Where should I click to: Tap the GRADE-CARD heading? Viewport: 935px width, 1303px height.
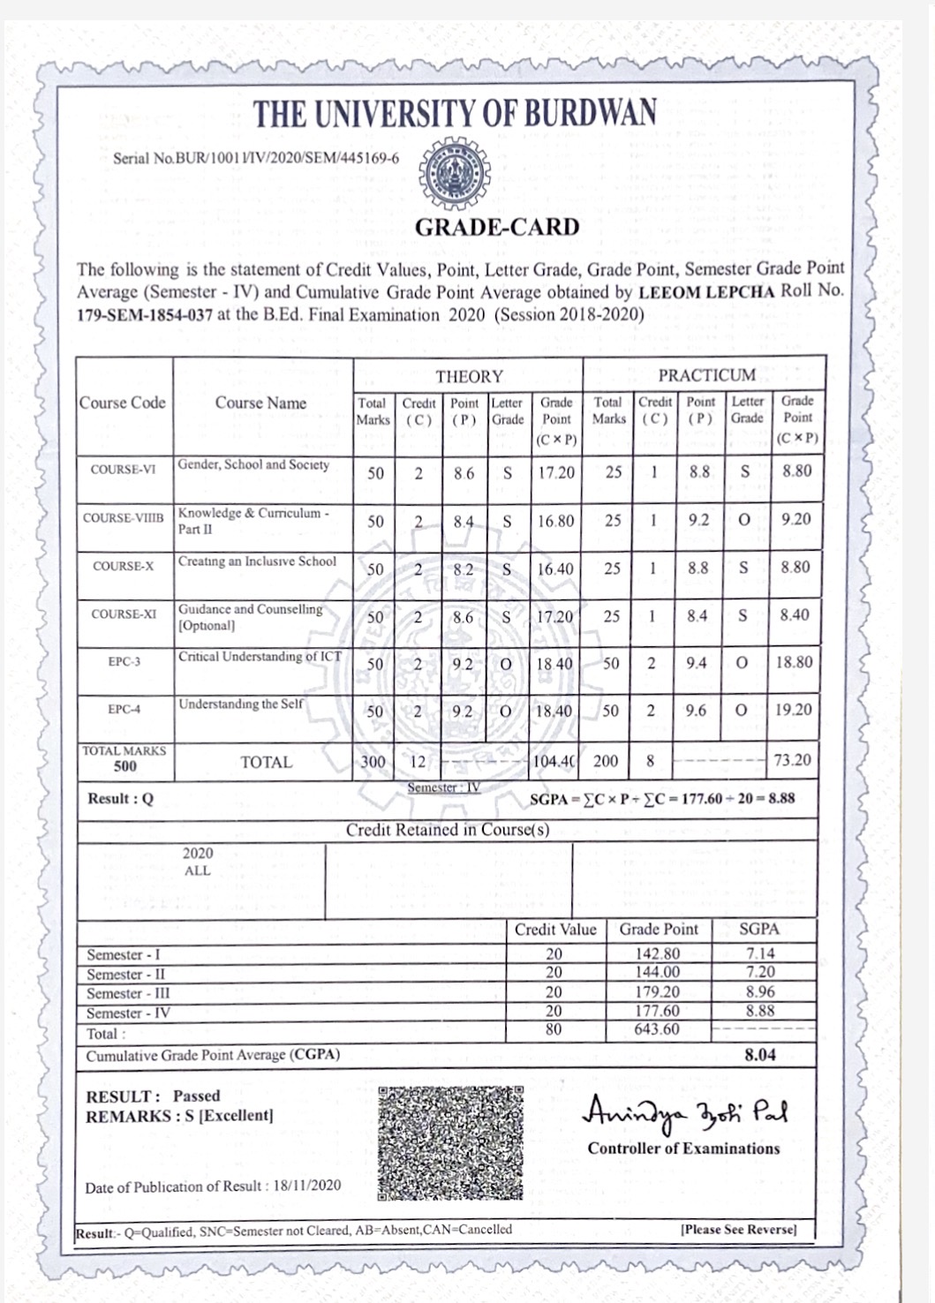point(497,228)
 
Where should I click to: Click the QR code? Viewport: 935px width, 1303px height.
point(450,1144)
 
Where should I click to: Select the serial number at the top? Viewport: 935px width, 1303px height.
point(256,159)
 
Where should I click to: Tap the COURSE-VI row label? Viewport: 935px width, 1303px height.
point(123,470)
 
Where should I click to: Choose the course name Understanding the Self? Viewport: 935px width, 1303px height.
point(240,704)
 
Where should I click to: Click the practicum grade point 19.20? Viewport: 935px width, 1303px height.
point(794,710)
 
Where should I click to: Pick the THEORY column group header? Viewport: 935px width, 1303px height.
point(469,377)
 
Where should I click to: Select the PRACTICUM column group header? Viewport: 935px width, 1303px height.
point(706,375)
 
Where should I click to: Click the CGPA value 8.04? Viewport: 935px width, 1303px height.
point(759,1055)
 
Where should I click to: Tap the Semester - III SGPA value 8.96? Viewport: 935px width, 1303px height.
point(759,992)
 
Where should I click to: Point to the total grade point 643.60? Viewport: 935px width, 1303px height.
point(658,1030)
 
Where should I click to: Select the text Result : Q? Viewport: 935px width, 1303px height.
point(120,799)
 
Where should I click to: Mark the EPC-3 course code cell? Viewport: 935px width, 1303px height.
point(124,661)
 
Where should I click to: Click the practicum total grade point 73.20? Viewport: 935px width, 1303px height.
point(792,760)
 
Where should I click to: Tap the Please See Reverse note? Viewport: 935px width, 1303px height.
point(738,1230)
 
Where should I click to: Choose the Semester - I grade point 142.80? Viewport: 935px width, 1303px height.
point(658,954)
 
